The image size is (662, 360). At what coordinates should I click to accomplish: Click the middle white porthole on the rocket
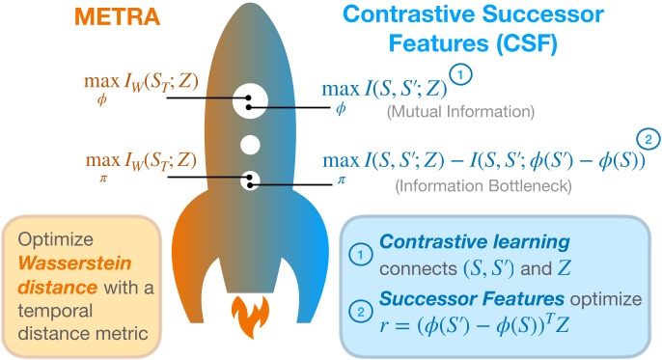250,146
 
